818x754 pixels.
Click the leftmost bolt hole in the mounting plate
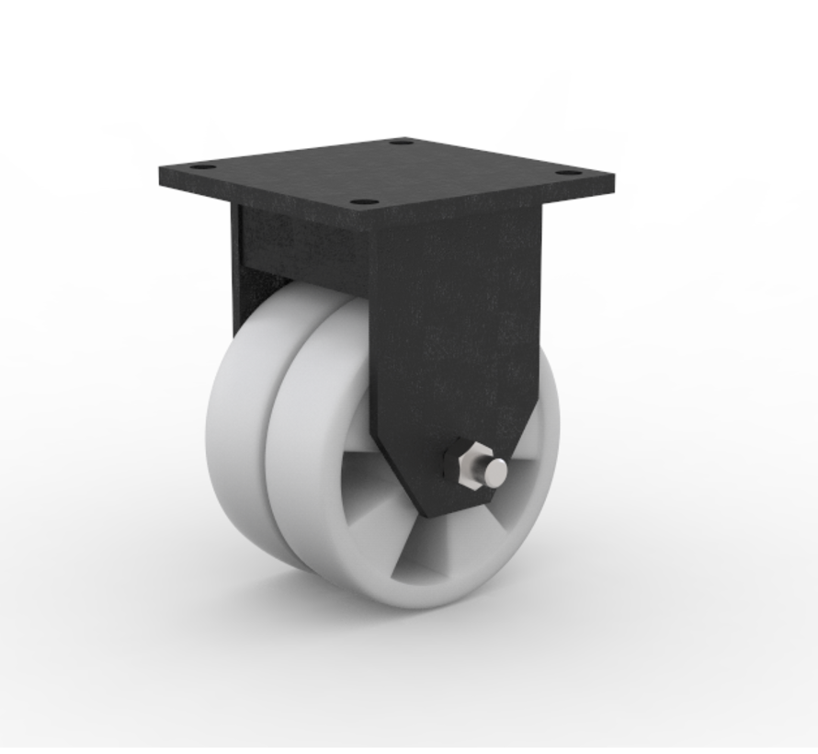[201, 168]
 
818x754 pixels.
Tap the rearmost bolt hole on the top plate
[399, 143]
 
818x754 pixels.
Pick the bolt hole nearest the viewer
[366, 202]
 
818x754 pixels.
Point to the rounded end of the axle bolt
[496, 471]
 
